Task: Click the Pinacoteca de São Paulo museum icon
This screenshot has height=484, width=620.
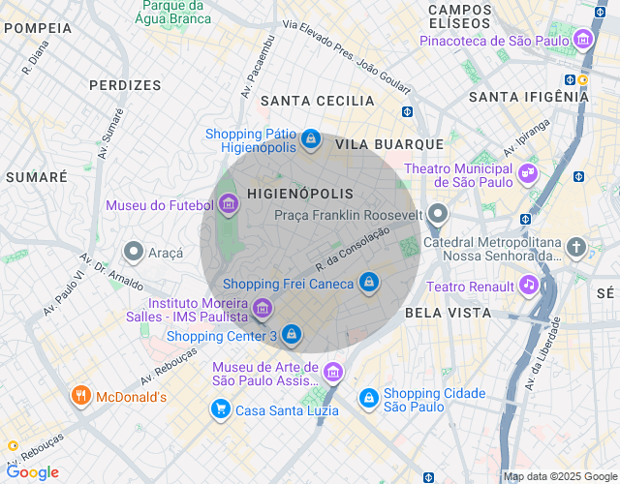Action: coord(583,40)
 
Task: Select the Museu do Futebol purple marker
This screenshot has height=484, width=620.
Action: coord(229,204)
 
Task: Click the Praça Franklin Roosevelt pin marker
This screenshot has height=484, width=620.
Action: coord(439,214)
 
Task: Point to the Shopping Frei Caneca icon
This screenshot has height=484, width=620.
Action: coord(368,283)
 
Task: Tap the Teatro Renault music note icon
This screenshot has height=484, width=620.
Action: coord(528,285)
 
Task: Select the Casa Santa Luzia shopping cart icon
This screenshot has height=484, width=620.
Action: coord(221,409)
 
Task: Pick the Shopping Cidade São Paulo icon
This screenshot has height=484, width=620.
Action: coord(369,398)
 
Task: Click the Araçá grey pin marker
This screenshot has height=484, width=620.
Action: coord(134,252)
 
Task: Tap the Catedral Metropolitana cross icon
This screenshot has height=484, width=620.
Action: coord(576,246)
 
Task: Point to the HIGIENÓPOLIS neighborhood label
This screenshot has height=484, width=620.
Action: coord(300,194)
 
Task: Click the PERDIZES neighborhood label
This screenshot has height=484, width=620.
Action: coord(125,85)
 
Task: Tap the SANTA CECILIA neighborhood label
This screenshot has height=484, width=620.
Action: coord(317,101)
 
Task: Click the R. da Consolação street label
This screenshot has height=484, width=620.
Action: coord(352,249)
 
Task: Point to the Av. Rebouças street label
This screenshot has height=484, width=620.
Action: coord(169,365)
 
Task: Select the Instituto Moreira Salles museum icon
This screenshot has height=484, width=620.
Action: coord(263,308)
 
